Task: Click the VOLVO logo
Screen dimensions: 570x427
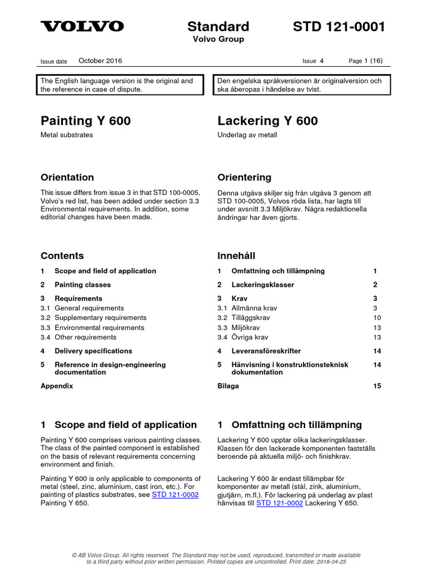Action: click(x=82, y=26)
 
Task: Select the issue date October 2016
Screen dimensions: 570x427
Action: click(x=100, y=61)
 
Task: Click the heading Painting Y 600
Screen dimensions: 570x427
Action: click(x=86, y=121)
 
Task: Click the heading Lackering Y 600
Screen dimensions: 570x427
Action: click(x=267, y=121)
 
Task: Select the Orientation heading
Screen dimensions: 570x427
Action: click(x=67, y=178)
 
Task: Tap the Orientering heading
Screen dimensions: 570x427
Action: click(x=244, y=178)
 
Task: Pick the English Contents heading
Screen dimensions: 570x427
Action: click(x=62, y=256)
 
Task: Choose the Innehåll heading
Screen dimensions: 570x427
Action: click(x=236, y=256)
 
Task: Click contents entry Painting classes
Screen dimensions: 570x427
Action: click(x=82, y=284)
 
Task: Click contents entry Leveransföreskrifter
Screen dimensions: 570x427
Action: click(x=266, y=351)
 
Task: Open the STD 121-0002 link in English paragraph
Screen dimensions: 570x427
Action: click(x=175, y=495)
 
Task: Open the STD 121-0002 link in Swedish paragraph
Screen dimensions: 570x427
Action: click(x=280, y=503)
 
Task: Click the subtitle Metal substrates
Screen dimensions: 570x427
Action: click(x=67, y=135)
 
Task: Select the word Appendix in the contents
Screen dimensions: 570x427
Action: click(x=57, y=386)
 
